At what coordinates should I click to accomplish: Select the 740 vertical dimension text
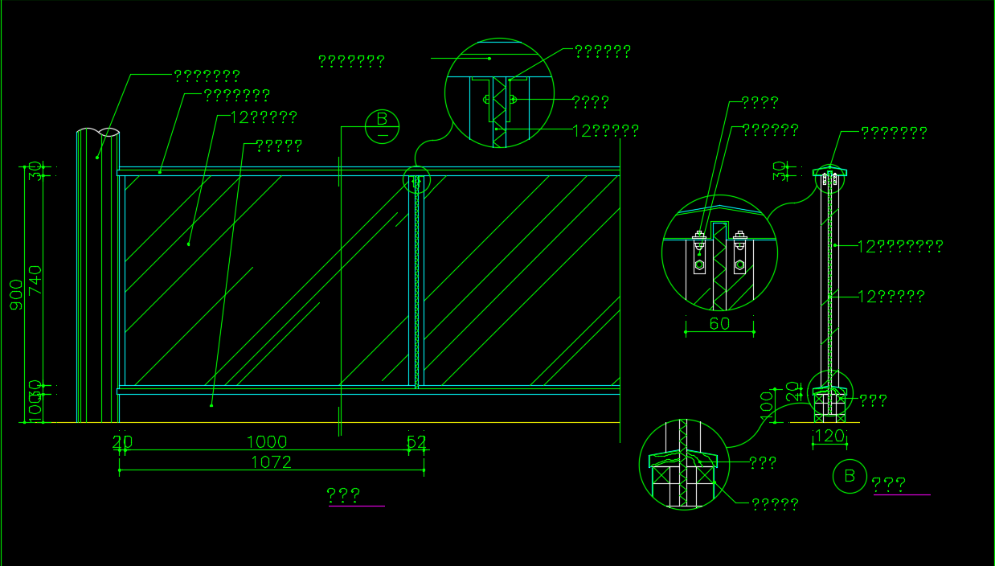tap(35, 280)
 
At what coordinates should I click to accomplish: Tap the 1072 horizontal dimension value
tap(271, 462)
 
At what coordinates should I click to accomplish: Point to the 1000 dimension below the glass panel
tap(266, 441)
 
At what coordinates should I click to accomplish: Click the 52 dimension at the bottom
tap(416, 441)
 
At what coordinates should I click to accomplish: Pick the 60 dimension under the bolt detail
tap(719, 323)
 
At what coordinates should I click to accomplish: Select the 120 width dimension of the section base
tap(829, 436)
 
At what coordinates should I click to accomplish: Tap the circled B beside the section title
tap(850, 476)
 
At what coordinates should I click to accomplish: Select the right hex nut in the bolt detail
tap(739, 264)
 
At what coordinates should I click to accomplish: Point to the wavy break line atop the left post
tap(99, 130)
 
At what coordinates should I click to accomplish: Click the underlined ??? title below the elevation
tap(344, 495)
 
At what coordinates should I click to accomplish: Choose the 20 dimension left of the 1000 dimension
tap(122, 441)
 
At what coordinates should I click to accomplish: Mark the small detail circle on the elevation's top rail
tap(416, 182)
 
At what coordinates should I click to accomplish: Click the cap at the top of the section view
tap(830, 171)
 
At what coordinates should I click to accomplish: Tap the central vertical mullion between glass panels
tap(416, 281)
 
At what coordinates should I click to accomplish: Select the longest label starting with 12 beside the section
tap(899, 246)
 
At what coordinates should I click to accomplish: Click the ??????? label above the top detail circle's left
tap(351, 60)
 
